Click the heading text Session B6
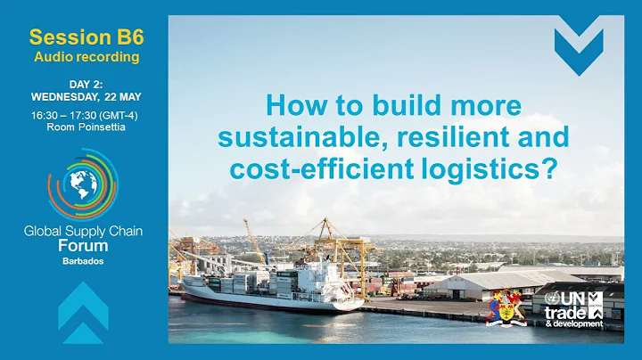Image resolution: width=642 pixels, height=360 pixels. tap(86, 37)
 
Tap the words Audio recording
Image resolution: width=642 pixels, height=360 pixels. tap(86, 57)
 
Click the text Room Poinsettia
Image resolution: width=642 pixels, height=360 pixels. tap(86, 127)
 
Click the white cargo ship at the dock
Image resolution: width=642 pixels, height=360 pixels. tap(267, 285)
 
